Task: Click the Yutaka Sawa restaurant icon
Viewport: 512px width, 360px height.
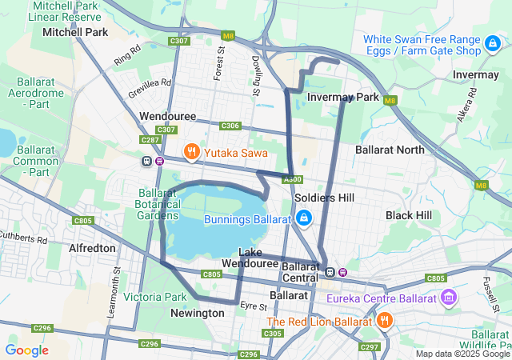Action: point(191,150)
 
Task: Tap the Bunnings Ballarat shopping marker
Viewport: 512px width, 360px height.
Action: point(303,218)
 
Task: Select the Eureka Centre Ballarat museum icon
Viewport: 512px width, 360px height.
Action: point(449,299)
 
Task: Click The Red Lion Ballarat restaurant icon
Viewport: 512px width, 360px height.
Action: point(384,321)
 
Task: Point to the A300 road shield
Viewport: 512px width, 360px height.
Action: point(293,179)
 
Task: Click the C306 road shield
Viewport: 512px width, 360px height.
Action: point(230,126)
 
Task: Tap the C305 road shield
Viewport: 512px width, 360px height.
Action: point(273,333)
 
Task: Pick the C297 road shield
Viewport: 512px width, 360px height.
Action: point(370,346)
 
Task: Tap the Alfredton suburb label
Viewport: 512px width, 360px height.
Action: point(93,248)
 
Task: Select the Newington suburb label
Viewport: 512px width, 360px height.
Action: point(198,314)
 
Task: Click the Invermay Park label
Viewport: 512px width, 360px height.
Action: point(343,97)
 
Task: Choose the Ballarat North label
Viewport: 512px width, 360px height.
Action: point(390,150)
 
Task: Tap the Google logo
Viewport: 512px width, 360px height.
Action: point(27,350)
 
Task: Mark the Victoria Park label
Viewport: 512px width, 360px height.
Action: point(155,297)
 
